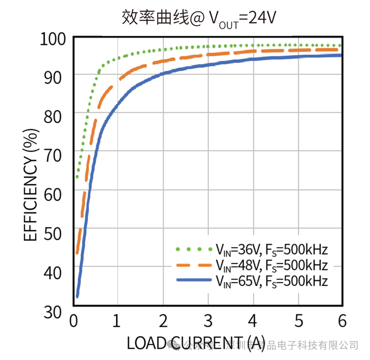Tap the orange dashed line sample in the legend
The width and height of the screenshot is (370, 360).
click(194, 265)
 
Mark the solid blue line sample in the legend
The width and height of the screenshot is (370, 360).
click(194, 280)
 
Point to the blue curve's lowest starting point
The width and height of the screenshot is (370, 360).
click(77, 296)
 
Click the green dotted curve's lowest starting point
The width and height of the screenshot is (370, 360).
click(77, 177)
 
